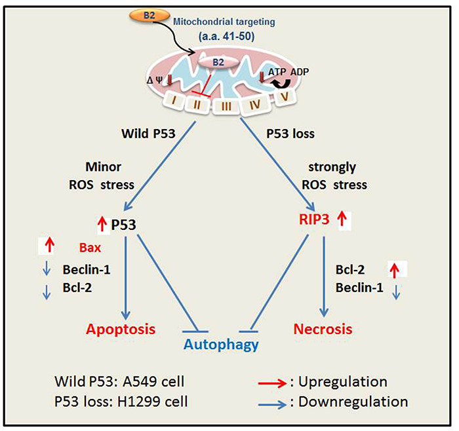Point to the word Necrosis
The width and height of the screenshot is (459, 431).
[323, 329]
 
